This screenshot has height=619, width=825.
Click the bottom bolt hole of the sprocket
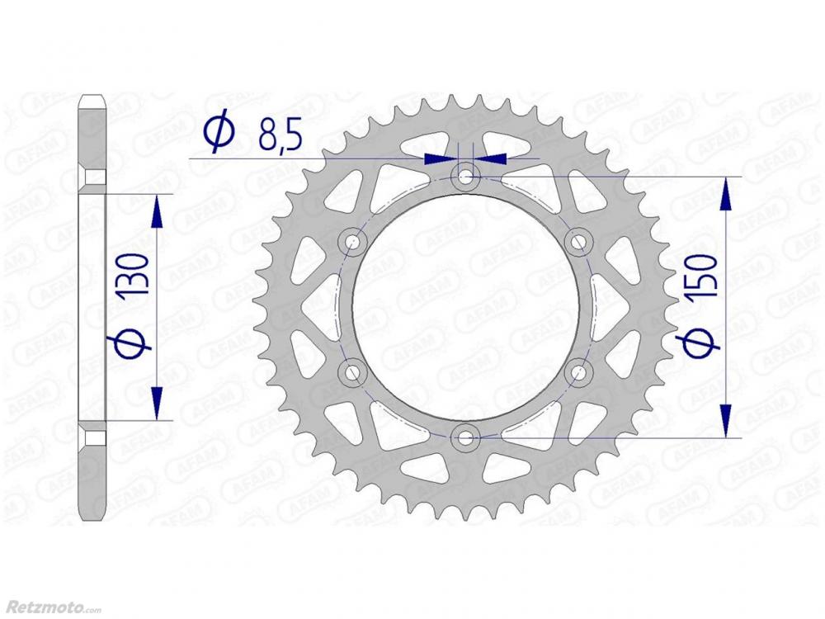point(465,437)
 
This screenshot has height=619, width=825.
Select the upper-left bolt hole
point(352,242)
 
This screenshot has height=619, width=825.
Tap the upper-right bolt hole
point(578,242)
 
